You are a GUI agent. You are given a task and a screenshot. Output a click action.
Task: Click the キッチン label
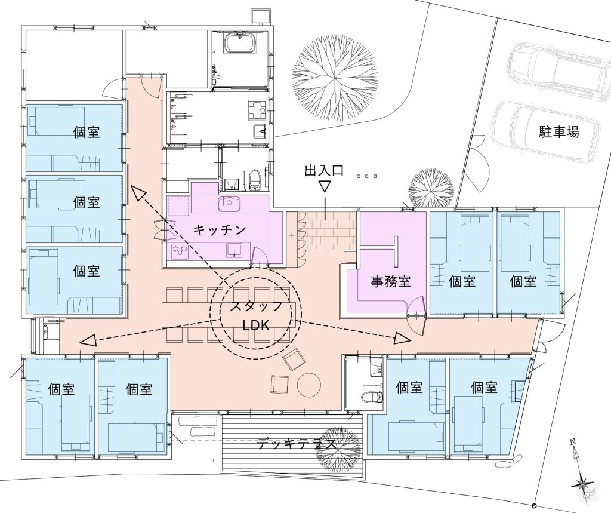point(220,229)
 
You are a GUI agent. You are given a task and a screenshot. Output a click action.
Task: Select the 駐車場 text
point(558,131)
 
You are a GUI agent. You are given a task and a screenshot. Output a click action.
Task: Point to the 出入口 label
point(324,170)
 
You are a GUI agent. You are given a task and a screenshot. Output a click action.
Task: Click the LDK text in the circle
point(255,325)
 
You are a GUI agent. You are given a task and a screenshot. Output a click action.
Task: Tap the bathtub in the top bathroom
point(240,42)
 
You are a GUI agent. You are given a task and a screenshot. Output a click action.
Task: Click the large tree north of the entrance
point(335,76)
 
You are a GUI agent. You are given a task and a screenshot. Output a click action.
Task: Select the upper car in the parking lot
point(558,67)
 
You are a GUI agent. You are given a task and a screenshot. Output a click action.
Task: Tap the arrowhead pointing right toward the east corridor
point(402,338)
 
